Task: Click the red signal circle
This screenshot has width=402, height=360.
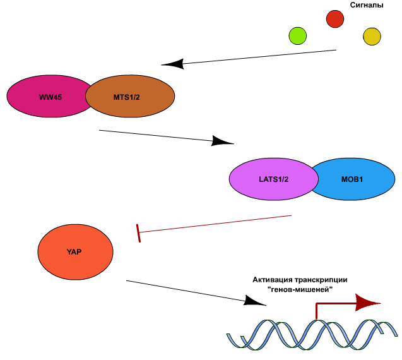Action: (335, 19)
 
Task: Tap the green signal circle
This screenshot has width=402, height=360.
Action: (298, 36)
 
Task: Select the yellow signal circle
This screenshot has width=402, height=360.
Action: (372, 37)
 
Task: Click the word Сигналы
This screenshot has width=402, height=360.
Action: (367, 5)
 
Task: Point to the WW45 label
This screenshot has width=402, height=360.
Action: (50, 97)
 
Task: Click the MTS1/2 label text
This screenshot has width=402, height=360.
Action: (127, 97)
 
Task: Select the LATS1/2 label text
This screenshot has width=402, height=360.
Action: (273, 179)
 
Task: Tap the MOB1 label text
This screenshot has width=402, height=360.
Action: (352, 179)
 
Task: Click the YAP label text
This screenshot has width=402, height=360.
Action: (74, 252)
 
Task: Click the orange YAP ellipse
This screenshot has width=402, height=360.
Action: (75, 252)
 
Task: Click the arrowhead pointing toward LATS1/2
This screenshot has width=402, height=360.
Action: (222, 141)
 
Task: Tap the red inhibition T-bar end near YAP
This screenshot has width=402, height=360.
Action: (138, 233)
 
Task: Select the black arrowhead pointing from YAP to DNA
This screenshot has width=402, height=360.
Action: (254, 301)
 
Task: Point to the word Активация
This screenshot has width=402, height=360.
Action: (272, 280)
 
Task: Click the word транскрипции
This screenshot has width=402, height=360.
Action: (321, 280)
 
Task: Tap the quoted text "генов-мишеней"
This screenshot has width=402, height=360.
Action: (300, 290)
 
